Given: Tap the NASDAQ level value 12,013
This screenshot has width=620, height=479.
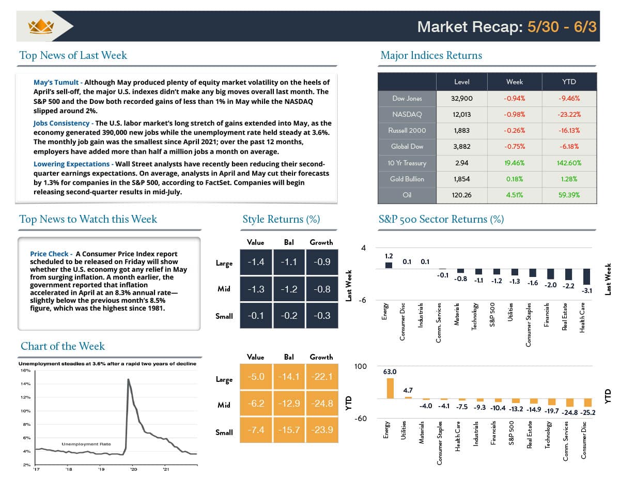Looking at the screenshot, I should point(461,114).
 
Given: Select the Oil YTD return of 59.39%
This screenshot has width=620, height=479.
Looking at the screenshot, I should point(569,195).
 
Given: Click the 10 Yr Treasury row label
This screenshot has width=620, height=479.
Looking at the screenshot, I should point(407,163).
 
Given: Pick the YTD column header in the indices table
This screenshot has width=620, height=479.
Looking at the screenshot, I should point(569,82).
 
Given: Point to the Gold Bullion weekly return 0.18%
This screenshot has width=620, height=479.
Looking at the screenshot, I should point(515,179).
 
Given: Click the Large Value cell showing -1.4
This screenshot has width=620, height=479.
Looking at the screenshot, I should point(256,262).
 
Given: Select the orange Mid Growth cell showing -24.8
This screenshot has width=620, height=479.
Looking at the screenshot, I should point(321,404).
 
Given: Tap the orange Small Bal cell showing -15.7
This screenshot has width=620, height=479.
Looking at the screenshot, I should point(288,430).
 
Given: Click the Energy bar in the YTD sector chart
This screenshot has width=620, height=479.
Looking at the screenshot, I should point(390,389).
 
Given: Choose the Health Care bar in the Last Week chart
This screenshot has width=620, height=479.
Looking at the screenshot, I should point(586,277).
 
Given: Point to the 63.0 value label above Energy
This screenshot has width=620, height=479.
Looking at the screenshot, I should point(390,372).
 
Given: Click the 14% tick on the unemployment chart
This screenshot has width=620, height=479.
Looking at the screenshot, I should point(25,384).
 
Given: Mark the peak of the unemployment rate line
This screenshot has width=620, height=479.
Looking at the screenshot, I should point(128,380).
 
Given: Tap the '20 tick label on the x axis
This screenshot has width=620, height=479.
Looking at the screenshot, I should point(133,470).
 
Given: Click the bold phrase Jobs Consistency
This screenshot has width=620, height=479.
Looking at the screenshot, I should point(62,123).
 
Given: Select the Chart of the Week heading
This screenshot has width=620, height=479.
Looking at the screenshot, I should point(63,346).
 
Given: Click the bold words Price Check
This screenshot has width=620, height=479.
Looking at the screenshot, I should point(49,254).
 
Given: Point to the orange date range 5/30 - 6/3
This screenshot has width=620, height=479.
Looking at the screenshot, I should point(562,26).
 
